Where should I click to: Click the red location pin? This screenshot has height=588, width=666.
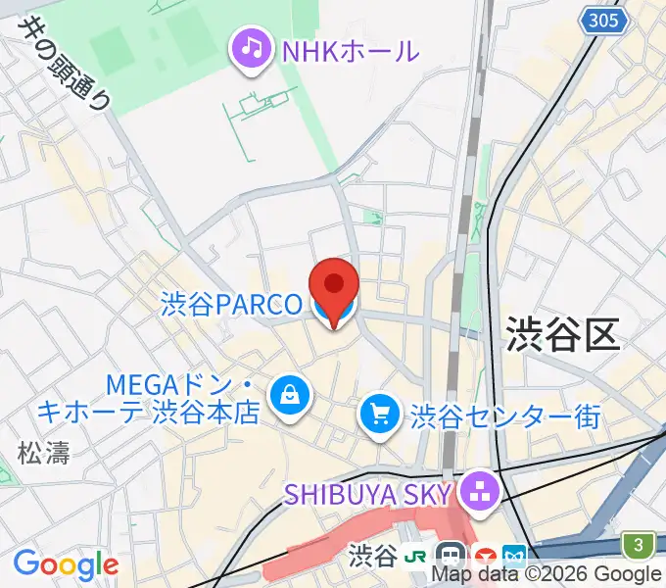point(334,285)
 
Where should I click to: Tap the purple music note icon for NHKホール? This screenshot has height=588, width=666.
point(252,48)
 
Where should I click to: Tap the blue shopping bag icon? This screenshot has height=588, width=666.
point(290,395)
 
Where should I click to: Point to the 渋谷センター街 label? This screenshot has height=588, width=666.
point(505,416)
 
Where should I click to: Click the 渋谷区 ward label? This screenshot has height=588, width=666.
point(563,334)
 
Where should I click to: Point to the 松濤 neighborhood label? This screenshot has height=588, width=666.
point(42,452)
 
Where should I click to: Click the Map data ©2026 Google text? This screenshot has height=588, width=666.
point(547,575)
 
